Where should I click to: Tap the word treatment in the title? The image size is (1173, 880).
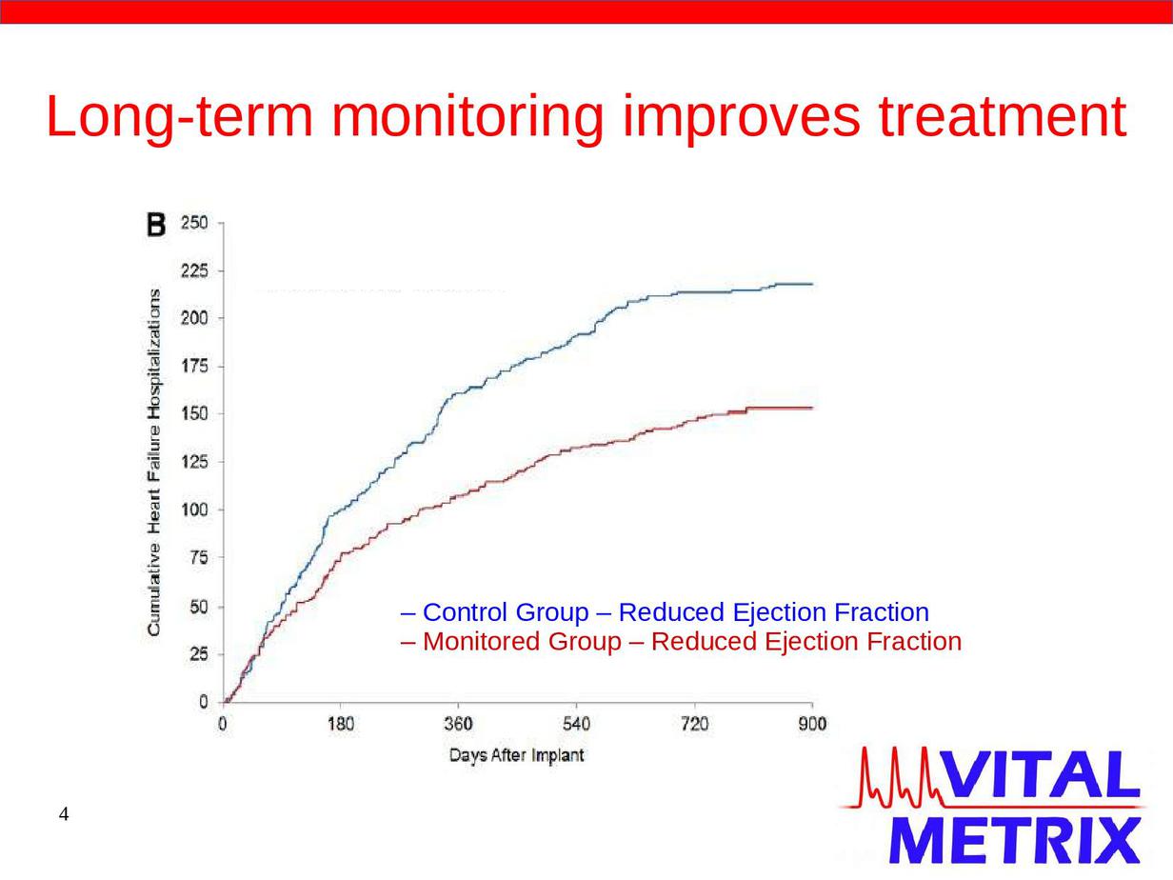coord(1003,116)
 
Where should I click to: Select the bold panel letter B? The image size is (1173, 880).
coord(156,225)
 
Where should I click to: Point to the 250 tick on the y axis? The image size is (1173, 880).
coord(194,222)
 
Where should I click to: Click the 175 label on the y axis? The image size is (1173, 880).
coord(194,367)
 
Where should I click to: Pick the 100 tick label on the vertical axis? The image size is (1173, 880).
coord(194,510)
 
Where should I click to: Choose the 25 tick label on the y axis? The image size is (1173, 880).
coord(199,653)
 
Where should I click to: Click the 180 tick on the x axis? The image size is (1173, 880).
coord(341,724)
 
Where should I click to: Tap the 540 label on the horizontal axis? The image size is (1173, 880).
coord(577,724)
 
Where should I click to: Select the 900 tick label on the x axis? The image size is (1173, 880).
coord(812,724)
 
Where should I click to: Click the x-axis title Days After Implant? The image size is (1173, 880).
coord(517,755)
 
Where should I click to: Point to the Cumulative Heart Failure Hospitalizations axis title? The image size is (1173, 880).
coord(154,463)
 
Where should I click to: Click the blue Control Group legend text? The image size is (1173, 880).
coord(665,612)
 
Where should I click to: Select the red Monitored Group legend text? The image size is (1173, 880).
coord(681,642)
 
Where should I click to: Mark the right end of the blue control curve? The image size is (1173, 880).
coord(813,284)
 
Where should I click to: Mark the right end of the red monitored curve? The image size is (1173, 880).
coord(813,408)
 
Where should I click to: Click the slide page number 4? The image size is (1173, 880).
coord(64,814)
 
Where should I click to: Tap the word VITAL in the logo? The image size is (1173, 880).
coord(1041,774)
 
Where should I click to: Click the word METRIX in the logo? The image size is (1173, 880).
coord(1015,840)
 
